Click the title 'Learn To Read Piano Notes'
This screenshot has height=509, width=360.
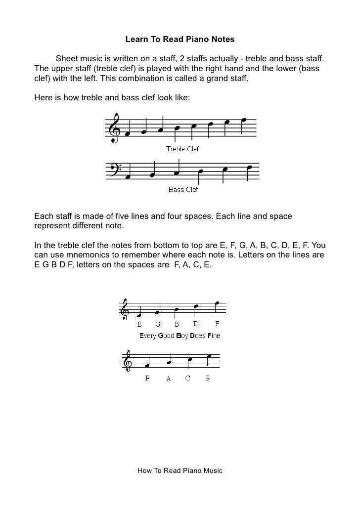click(180, 39)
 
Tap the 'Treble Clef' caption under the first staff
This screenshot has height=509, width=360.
click(182, 148)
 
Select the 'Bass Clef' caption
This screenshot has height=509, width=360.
click(183, 189)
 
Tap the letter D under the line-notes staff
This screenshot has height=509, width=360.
click(196, 324)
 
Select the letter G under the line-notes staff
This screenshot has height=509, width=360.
click(158, 324)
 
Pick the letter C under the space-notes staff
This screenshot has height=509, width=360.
click(188, 379)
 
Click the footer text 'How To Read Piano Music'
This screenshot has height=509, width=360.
click(180, 470)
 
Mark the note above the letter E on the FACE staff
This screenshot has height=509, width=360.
click(209, 356)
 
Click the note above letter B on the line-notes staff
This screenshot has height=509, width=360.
click(176, 311)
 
